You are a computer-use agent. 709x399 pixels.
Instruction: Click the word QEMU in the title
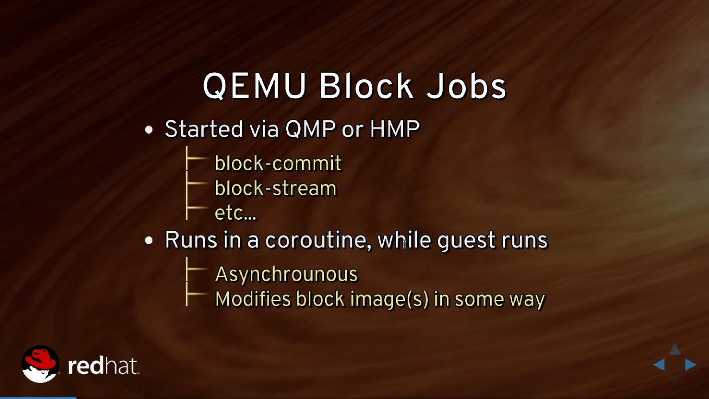[x=254, y=86]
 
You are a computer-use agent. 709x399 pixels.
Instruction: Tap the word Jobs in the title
[x=466, y=86]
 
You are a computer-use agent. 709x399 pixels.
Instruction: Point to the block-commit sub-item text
[x=278, y=163]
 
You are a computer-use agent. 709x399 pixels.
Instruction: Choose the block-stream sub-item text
[x=276, y=188]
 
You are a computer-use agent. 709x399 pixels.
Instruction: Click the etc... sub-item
[x=235, y=213]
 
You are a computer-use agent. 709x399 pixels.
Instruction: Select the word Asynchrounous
[x=286, y=274]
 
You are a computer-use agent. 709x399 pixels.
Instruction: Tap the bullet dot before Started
[x=149, y=130]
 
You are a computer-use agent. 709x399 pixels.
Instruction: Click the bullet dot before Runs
[x=149, y=241]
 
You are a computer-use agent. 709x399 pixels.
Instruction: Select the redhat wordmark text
[x=103, y=367]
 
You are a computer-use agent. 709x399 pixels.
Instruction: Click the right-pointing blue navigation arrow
[x=690, y=365]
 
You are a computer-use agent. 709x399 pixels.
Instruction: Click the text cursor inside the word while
[x=405, y=244]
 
